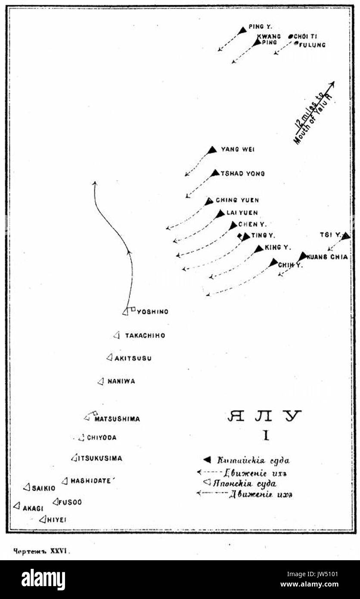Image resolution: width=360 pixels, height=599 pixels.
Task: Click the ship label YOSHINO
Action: (152, 312)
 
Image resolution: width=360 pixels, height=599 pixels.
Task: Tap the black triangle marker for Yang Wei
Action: (212, 150)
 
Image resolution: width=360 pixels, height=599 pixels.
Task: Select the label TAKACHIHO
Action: (145, 336)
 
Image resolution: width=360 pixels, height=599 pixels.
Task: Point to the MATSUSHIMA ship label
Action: (117, 419)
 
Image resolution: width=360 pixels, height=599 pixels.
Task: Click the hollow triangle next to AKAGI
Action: (17, 505)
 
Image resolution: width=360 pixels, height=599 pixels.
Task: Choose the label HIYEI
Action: (57, 520)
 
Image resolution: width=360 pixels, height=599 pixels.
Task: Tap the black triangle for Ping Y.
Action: (242, 31)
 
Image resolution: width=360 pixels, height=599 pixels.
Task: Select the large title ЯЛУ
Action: (264, 416)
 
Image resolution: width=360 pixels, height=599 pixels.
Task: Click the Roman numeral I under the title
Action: (266, 436)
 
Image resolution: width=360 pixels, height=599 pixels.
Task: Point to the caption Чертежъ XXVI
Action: (41, 551)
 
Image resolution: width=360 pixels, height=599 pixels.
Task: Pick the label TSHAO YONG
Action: (243, 174)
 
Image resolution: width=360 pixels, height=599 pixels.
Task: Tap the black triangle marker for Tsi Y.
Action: (345, 236)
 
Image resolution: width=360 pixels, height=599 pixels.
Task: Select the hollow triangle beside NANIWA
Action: (101, 381)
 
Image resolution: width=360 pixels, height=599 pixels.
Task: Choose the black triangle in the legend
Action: (207, 460)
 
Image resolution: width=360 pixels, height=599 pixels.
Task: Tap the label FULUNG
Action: (312, 45)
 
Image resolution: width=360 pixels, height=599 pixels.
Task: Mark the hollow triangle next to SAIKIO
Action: (27, 487)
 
